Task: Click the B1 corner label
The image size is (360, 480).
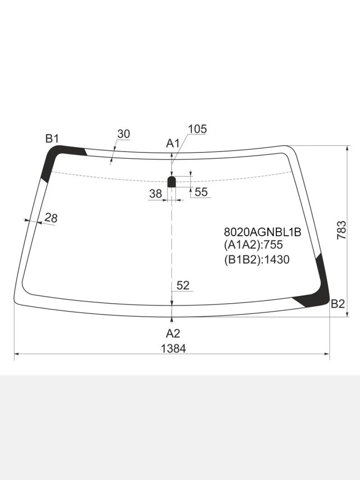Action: tap(52, 139)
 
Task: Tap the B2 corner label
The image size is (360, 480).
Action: tap(338, 304)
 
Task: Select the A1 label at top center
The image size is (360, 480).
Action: tap(173, 144)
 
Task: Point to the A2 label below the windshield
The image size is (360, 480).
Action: tap(173, 334)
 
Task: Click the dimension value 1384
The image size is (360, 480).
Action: tap(173, 348)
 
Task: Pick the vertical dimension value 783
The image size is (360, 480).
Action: tap(342, 230)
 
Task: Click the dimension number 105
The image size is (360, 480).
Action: tap(197, 129)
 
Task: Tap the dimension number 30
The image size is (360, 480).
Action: tap(124, 134)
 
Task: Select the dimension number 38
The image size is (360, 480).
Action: tap(156, 194)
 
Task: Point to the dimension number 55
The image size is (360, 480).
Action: tap(201, 192)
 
